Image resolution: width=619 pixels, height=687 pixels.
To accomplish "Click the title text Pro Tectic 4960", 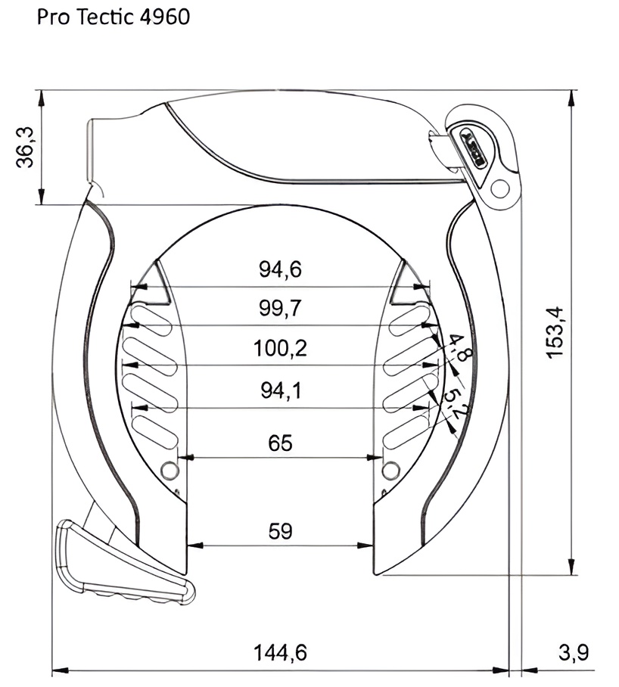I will tap(113, 17).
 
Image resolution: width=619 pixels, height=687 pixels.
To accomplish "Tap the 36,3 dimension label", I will tap(25, 147).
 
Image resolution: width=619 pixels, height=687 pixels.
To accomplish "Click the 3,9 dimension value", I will tap(572, 651).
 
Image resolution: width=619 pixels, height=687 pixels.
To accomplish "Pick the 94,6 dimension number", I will tap(281, 269).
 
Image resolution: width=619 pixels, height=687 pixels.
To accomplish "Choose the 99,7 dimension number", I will tap(281, 308).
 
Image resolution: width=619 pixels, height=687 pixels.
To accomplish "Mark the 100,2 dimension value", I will tap(281, 348).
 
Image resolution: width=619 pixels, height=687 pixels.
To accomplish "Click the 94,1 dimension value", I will tap(281, 390).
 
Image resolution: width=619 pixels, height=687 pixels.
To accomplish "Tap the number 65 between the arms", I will tap(280, 443).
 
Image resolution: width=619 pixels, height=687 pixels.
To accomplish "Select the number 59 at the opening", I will tap(281, 531).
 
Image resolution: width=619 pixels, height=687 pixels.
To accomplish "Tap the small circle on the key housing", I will tap(499, 186).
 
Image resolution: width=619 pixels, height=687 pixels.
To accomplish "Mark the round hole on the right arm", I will tap(390, 470).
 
